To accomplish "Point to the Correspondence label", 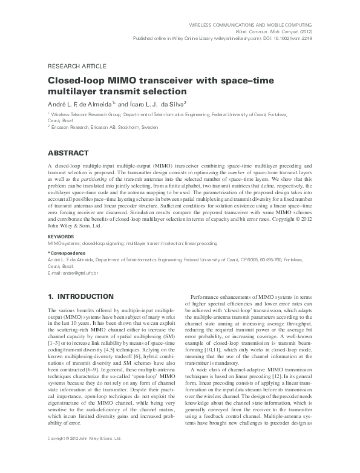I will [68, 252].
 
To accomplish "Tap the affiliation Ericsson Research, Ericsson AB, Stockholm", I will [104, 128].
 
